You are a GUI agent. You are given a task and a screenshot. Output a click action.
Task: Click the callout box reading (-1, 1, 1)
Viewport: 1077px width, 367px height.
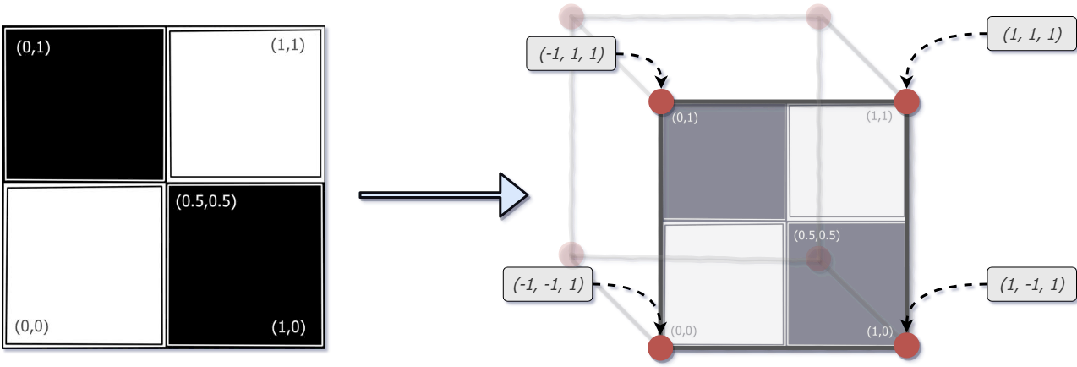point(571,55)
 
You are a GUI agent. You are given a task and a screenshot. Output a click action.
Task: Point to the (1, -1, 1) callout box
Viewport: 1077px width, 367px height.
point(1031,284)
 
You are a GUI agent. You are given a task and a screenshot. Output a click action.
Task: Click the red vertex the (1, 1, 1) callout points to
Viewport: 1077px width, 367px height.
point(906,101)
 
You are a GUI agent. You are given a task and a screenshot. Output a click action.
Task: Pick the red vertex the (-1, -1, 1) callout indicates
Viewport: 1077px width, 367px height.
point(660,347)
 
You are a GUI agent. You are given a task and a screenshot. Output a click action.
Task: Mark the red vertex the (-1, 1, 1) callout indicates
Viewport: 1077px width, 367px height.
point(661,102)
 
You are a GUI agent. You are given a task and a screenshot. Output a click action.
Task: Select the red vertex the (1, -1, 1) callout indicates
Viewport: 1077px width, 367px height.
point(906,346)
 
